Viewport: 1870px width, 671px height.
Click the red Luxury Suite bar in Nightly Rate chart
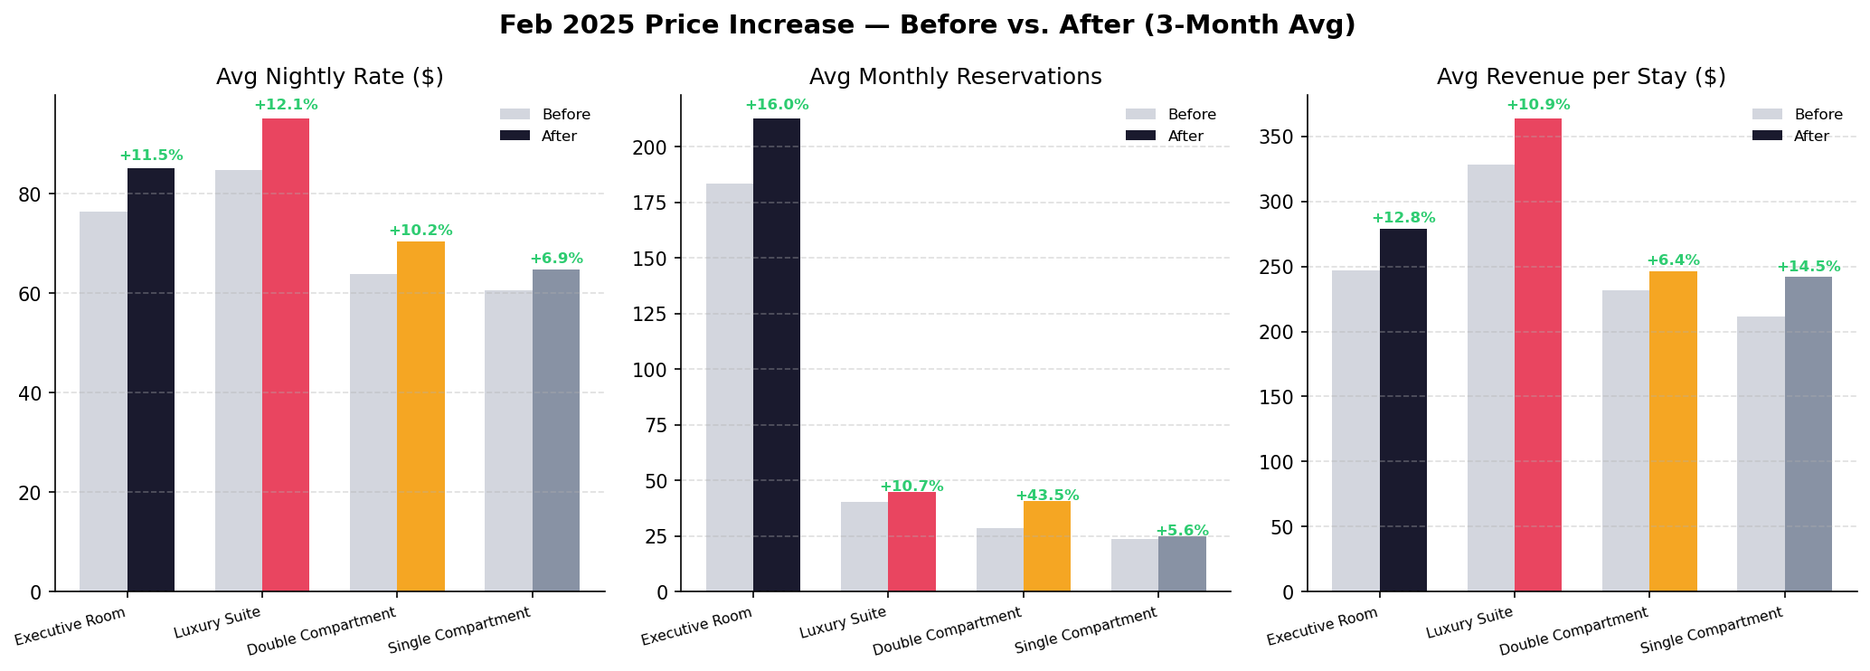pos(286,354)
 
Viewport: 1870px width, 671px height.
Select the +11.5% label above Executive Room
pos(151,156)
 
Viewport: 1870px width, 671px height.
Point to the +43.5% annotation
pos(1047,496)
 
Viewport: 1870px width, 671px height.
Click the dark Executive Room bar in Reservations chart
pos(777,354)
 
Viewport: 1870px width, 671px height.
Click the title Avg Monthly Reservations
pos(955,77)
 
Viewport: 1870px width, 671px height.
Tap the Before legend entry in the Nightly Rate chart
pos(565,115)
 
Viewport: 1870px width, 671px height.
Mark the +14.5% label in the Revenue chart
pos(1809,267)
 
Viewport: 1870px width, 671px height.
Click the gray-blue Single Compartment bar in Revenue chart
pos(1809,434)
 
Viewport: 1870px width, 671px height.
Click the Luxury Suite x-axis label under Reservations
pos(843,624)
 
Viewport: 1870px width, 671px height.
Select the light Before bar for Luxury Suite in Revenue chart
pos(1490,378)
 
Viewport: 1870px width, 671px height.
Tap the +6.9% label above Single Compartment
pos(556,259)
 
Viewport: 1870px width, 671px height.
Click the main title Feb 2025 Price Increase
pos(927,25)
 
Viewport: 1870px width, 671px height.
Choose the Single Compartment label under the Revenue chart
pos(1711,630)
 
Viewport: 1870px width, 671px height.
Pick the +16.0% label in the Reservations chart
pos(777,105)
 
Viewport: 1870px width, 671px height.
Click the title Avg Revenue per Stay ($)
pos(1582,77)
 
